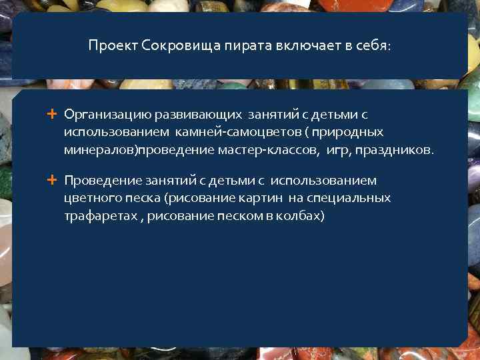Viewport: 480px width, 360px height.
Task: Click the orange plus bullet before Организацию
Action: pyautogui.click(x=52, y=114)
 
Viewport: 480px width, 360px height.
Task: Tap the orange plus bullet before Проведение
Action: pyautogui.click(x=52, y=179)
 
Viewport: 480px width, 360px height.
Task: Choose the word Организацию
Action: pyautogui.click(x=102, y=115)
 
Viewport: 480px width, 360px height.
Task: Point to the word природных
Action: pyautogui.click(x=351, y=132)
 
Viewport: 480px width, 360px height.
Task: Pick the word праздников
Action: pyautogui.click(x=394, y=149)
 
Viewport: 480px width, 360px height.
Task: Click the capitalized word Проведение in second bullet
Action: pyautogui.click(x=98, y=180)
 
